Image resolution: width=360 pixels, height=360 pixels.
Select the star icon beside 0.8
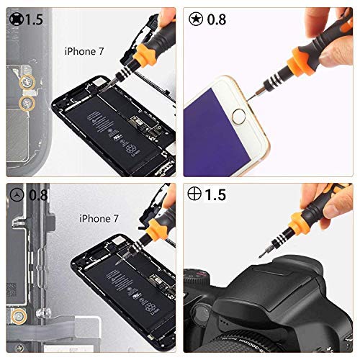(x=195, y=19)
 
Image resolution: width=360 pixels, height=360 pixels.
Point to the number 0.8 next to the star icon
(x=216, y=19)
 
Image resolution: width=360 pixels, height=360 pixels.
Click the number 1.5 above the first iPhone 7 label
(x=33, y=19)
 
